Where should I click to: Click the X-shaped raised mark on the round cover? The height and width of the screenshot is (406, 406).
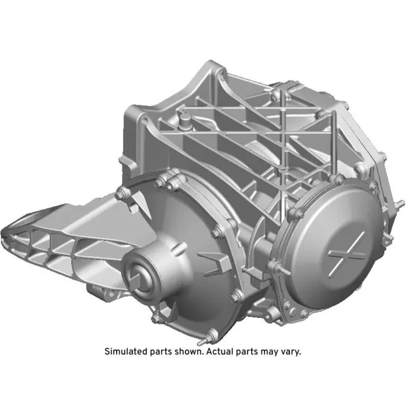[x=348, y=249]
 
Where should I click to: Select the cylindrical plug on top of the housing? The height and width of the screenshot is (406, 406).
[x=185, y=119]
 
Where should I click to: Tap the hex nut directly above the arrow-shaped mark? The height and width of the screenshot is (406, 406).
[x=218, y=232]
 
